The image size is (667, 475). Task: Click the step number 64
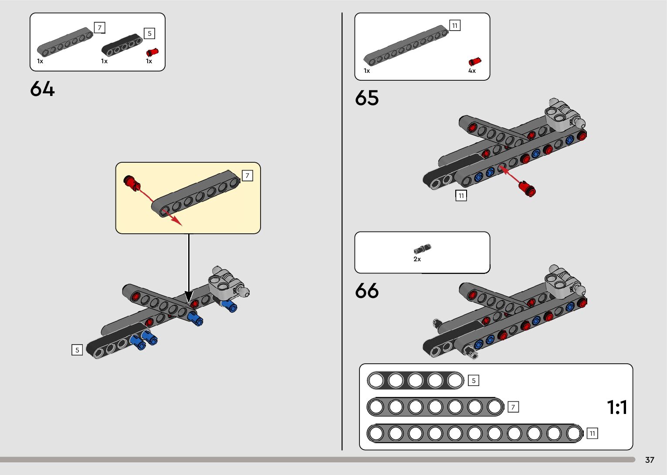tap(42, 89)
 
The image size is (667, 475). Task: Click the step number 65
tap(367, 98)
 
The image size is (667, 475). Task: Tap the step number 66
tap(367, 291)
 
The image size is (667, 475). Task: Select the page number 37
tap(650, 460)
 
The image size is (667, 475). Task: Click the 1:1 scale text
tap(617, 407)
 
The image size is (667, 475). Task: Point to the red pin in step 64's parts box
tap(152, 52)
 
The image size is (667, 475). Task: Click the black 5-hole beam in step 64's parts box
tap(122, 45)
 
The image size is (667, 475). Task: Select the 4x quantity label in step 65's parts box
tap(472, 71)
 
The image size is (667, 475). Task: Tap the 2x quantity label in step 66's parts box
tap(417, 259)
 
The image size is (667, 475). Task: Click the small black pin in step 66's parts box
tap(422, 249)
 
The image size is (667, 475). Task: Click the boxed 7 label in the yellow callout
tap(247, 175)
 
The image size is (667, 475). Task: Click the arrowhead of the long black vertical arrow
tap(189, 297)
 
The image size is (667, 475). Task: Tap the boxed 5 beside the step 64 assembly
tap(77, 350)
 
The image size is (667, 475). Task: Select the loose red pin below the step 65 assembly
tap(527, 189)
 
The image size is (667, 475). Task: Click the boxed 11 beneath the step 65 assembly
tap(461, 195)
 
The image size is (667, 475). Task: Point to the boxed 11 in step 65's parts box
tap(454, 26)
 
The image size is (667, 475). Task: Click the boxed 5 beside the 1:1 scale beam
tap(474, 380)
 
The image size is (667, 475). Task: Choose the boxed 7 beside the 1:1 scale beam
tap(513, 407)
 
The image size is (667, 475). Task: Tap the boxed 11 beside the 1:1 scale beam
tap(592, 433)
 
